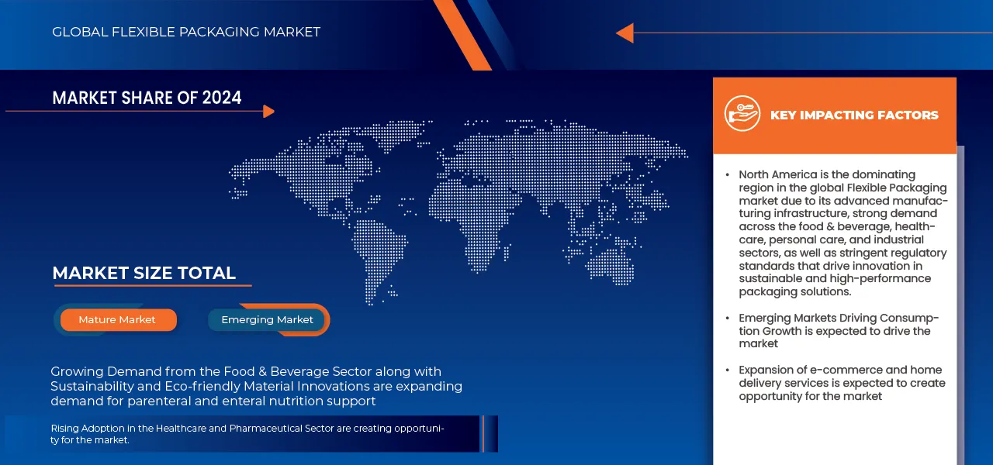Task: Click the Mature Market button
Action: pyautogui.click(x=117, y=320)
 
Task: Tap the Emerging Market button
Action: pyautogui.click(x=267, y=320)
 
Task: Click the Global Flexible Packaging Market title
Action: pyautogui.click(x=186, y=32)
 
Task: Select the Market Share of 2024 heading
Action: pyautogui.click(x=147, y=98)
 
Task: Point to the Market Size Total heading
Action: pyautogui.click(x=144, y=273)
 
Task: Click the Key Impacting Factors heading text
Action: pyautogui.click(x=854, y=115)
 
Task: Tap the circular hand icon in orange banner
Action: pyautogui.click(x=742, y=114)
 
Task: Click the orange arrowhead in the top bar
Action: pyautogui.click(x=625, y=33)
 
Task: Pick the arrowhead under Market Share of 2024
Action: pyautogui.click(x=268, y=112)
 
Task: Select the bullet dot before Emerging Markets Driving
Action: pyautogui.click(x=727, y=319)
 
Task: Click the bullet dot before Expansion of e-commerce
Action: pyautogui.click(x=727, y=370)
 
